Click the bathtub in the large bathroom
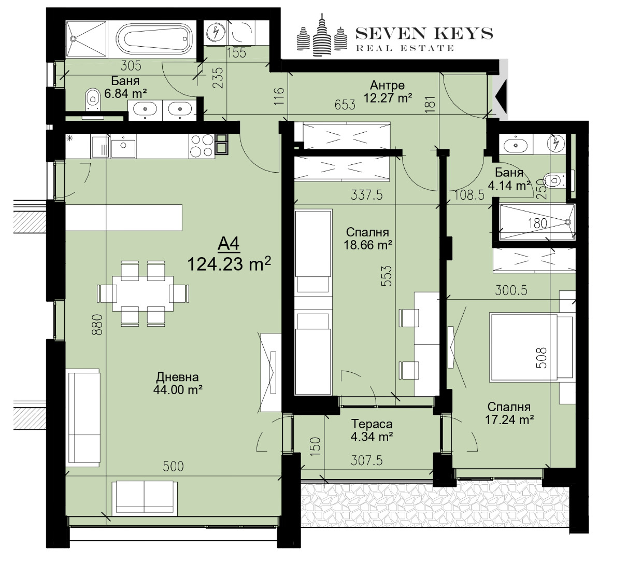tap(155, 39)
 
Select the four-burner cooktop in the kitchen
tap(202, 145)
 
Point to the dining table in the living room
tap(142, 293)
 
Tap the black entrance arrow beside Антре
tap(500, 96)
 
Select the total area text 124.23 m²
tap(229, 264)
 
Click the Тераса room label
tap(372, 424)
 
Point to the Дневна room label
tap(177, 377)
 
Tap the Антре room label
tap(387, 85)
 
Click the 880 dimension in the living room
tap(97, 325)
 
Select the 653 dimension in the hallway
tap(345, 105)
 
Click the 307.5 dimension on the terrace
tap(367, 460)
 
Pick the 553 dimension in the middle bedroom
tap(387, 275)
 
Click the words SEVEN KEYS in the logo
tap(424, 33)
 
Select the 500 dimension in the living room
tap(173, 466)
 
